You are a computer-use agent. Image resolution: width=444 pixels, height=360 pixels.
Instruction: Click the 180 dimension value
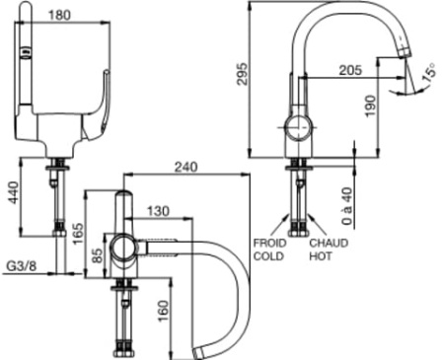coord(59,15)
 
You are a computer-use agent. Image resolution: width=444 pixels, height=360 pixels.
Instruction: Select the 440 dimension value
coord(14,192)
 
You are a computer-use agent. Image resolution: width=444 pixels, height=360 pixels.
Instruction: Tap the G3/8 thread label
coord(22,265)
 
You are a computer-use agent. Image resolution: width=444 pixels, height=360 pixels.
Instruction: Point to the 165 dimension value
coord(78,234)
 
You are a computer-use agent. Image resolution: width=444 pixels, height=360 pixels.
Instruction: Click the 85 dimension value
coord(98,255)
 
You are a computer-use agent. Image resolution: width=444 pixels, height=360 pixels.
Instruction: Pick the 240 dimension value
coord(186,167)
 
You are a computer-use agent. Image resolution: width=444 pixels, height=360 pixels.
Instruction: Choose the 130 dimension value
coord(158,211)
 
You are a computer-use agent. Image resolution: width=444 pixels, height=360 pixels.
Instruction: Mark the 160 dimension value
coord(164,311)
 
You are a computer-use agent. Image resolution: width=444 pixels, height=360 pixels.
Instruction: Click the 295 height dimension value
coord(243,74)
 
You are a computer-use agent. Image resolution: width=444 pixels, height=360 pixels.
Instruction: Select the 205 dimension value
coord(350,70)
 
